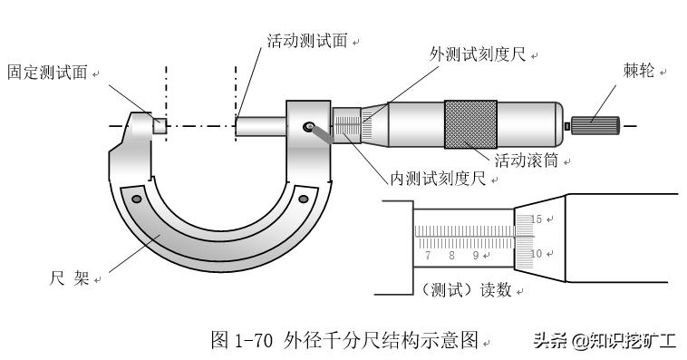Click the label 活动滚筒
(527, 161)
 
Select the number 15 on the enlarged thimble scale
(535, 219)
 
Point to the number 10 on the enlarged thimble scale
(535, 254)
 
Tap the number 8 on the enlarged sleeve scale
(450, 257)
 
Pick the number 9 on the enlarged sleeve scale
(474, 257)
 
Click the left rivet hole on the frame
(136, 198)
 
